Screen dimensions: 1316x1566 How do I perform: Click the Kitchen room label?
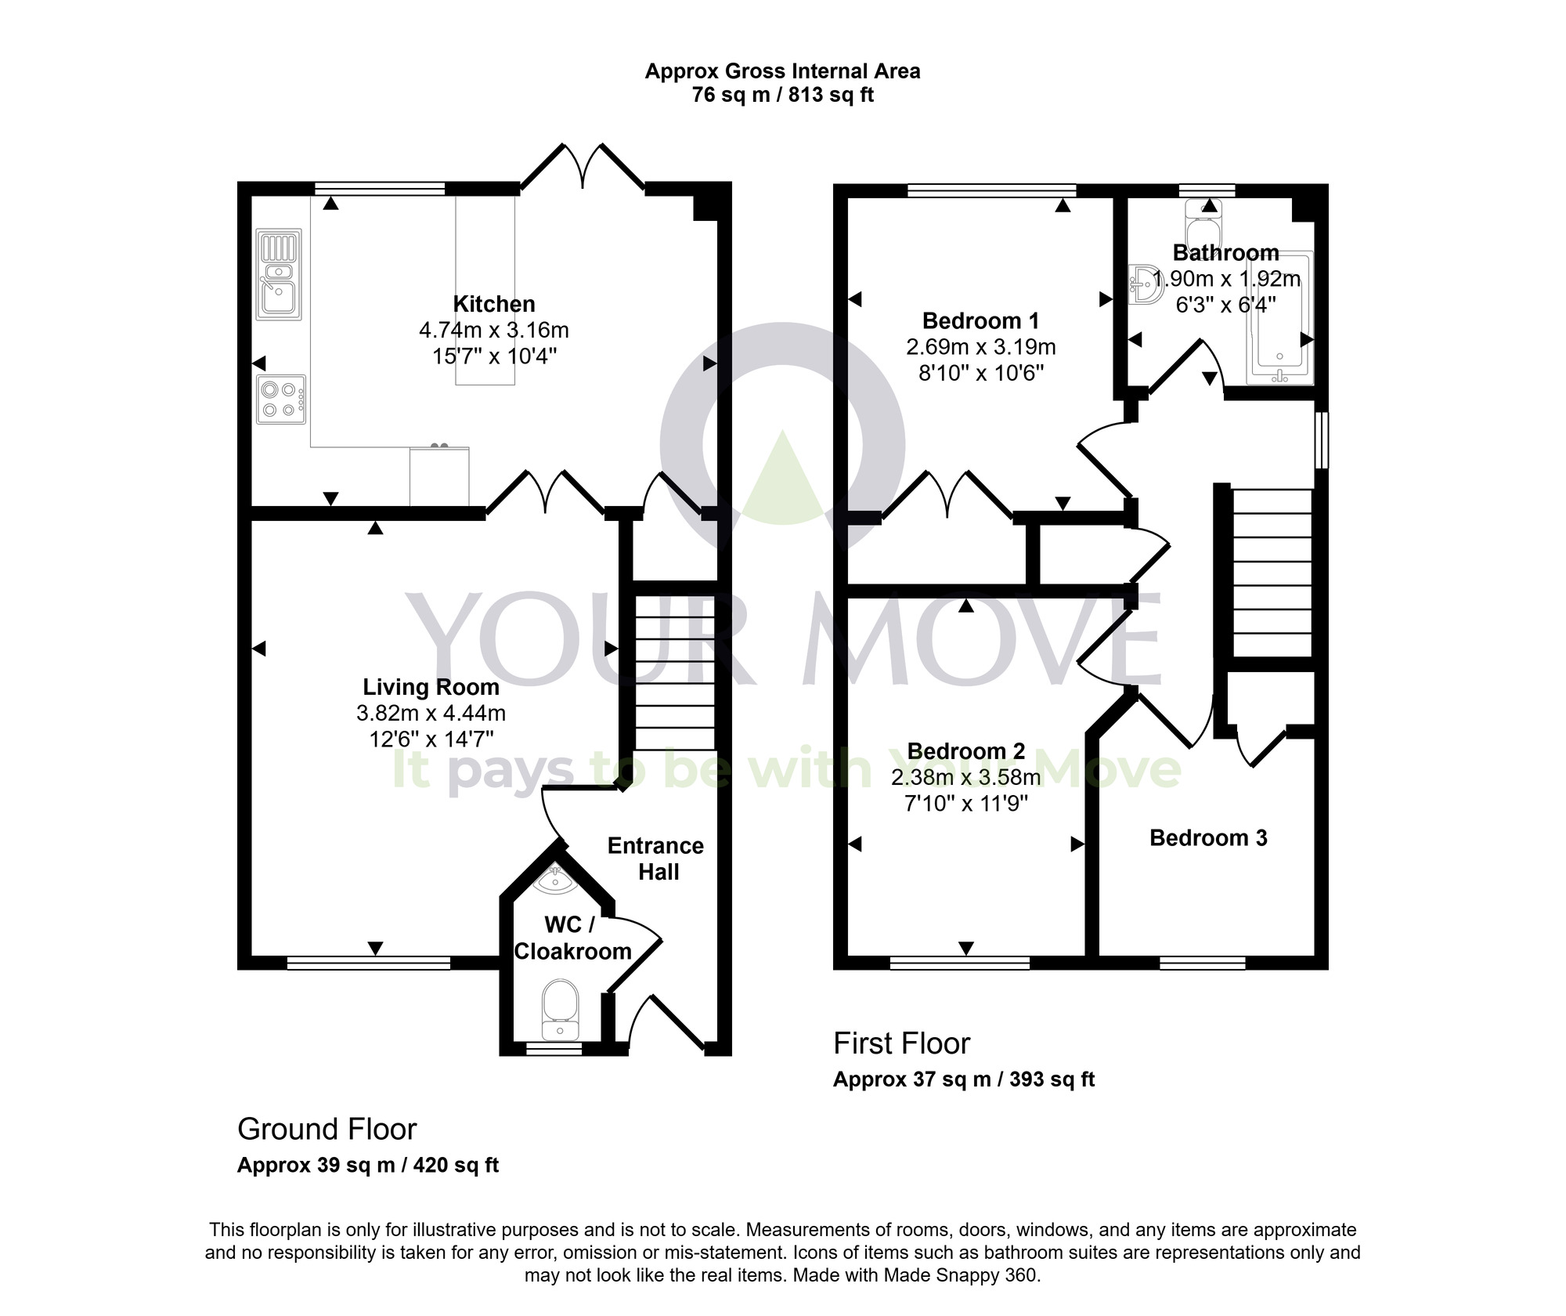pos(494,304)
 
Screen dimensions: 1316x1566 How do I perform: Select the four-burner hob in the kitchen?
pos(281,399)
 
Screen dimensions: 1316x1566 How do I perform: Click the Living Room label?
pos(431,687)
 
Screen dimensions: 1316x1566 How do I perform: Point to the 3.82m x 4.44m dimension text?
pos(431,714)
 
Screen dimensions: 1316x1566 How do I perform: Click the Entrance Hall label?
pos(656,859)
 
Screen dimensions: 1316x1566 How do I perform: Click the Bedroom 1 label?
pos(980,320)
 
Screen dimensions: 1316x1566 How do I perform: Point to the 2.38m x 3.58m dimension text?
pos(965,777)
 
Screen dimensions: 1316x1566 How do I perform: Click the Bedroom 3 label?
pos(1208,837)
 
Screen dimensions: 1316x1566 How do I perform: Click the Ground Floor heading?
pos(327,1129)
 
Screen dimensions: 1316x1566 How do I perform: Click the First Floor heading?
pos(901,1043)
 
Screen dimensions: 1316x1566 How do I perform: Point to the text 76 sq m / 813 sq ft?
pos(782,96)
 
